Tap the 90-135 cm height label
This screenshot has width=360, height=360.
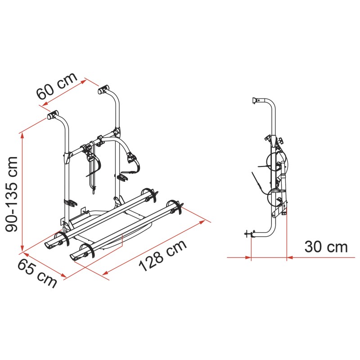12,194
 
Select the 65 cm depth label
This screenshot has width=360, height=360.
37,273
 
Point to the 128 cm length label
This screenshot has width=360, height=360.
162,256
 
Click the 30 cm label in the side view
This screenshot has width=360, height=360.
326,247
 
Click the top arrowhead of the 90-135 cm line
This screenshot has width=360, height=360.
22,136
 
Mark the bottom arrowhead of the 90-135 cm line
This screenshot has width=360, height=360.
22,248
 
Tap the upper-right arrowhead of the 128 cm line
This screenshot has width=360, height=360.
202,222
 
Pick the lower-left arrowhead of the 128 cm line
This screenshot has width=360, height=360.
105,273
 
